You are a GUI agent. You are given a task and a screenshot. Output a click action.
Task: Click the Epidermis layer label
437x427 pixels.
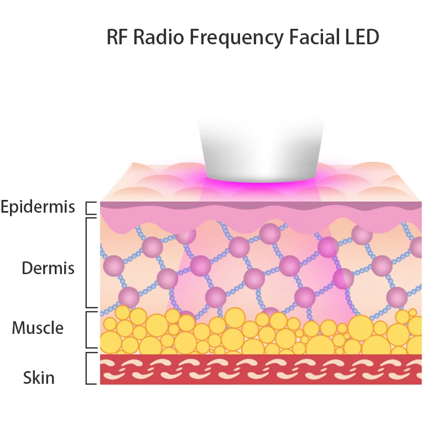tap(38, 208)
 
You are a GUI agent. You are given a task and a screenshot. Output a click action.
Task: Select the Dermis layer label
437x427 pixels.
tap(48, 268)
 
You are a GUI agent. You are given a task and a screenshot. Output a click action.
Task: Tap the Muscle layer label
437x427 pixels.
tap(38, 328)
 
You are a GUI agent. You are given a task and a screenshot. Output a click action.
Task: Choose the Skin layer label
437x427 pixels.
tap(39, 378)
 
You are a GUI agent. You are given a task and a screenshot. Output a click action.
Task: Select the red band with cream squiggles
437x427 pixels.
tap(260, 369)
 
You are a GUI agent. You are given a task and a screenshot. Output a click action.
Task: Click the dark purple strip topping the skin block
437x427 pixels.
tap(260, 205)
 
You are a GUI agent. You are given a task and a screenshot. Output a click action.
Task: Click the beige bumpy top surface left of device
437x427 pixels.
tap(155, 183)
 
